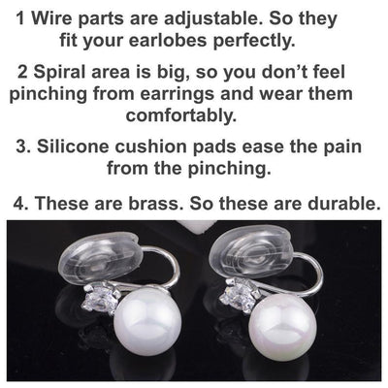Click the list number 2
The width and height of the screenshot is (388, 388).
click(22, 74)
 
